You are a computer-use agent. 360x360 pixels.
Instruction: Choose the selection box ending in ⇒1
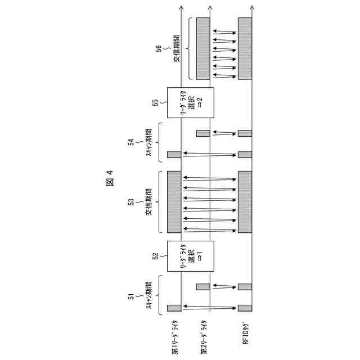[191, 256]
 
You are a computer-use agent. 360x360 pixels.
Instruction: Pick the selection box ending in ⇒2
[191, 104]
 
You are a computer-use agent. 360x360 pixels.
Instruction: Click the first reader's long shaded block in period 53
[174, 202]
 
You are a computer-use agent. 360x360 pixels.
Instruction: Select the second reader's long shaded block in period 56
[202, 48]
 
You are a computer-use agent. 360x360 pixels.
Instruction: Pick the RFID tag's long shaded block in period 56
[245, 48]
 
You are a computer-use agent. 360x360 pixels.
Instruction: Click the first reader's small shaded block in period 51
[174, 308]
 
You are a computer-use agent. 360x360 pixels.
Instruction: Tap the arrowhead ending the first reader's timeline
[181, 7]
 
